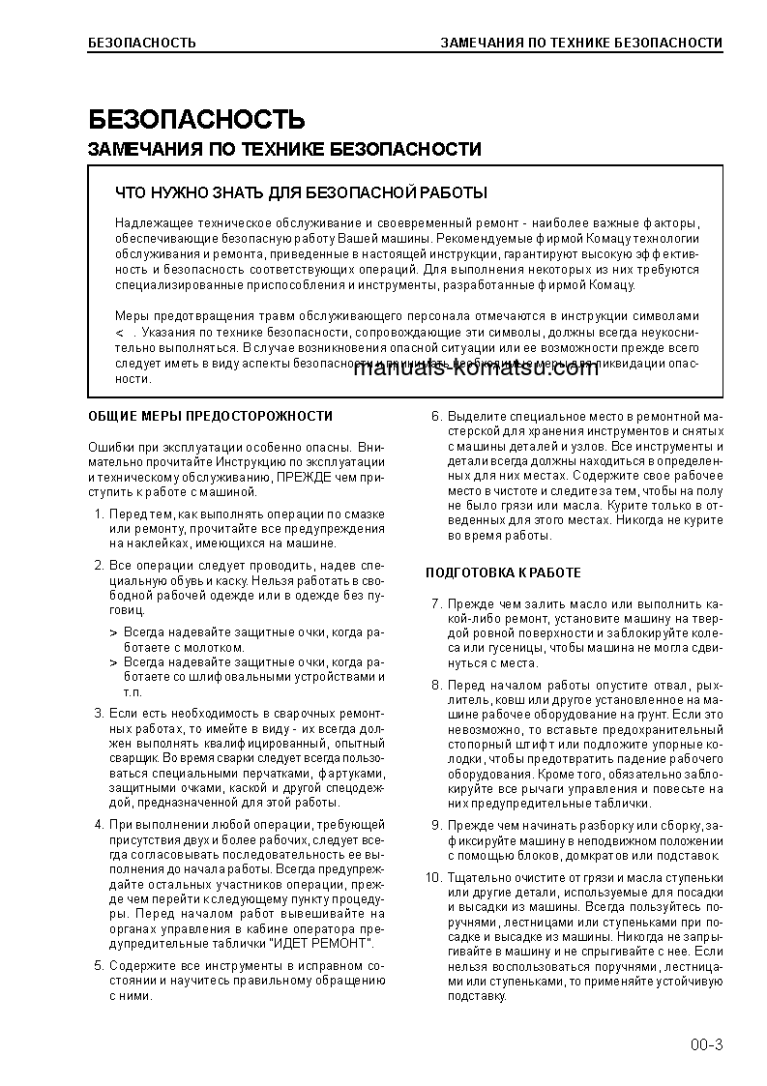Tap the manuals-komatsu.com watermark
(475, 368)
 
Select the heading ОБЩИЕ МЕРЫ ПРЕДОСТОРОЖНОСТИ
(210, 416)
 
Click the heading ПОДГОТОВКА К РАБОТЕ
(503, 573)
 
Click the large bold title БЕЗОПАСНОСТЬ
(196, 120)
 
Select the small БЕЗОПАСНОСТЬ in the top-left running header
(141, 43)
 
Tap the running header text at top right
(581, 43)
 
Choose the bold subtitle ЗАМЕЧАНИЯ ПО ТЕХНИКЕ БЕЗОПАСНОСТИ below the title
(284, 150)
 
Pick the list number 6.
(435, 417)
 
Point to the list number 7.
(435, 603)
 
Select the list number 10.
(432, 877)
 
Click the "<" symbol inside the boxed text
(119, 332)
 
